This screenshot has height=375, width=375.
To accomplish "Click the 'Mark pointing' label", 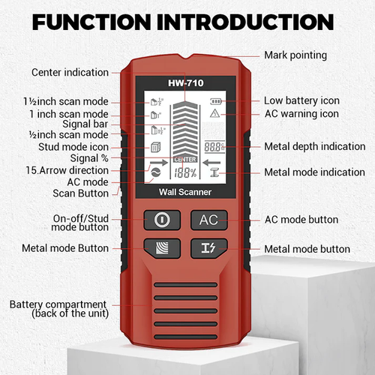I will coord(295,55).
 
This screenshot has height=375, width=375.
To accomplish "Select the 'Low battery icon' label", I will coord(301,100).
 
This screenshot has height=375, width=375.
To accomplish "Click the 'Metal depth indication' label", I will coord(310,146).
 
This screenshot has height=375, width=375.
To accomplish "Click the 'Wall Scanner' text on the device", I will coord(184,193).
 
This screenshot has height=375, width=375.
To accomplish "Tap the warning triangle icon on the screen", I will coord(214,114).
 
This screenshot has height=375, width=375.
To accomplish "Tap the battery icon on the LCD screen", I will coord(216,100).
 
